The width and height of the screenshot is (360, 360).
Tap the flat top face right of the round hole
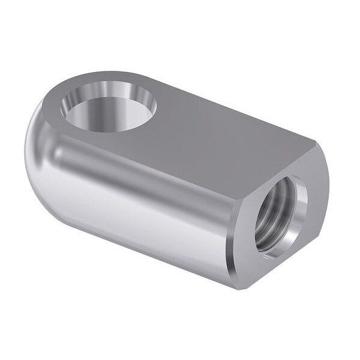coord(214,134)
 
